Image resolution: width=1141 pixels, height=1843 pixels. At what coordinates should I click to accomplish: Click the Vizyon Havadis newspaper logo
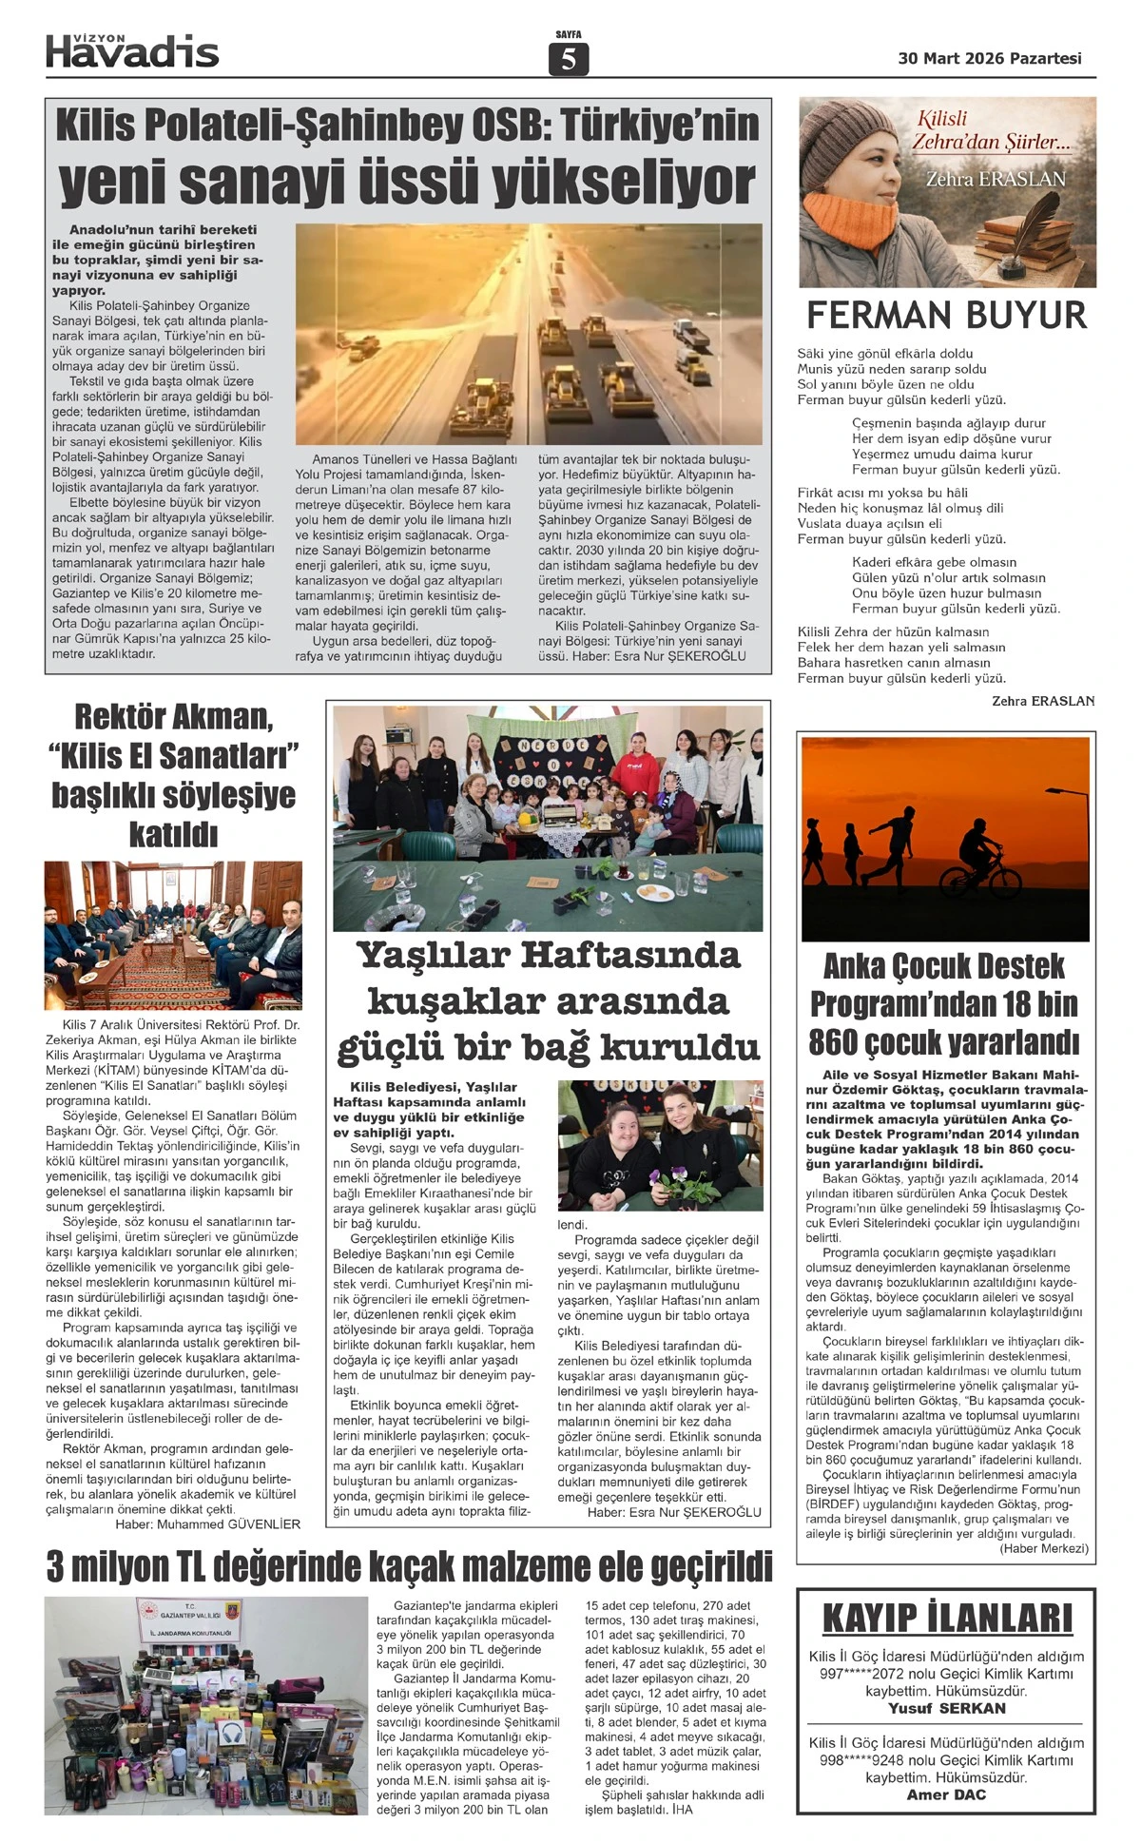132,49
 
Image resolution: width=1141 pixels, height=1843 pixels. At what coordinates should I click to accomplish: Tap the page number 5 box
569,60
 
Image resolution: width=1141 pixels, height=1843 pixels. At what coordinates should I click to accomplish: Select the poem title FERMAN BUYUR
946,315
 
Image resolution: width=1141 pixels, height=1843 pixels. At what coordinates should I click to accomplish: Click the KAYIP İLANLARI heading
946,1618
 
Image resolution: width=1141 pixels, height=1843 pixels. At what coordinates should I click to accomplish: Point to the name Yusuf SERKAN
946,1708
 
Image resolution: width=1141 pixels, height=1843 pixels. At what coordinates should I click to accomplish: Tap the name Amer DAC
946,1794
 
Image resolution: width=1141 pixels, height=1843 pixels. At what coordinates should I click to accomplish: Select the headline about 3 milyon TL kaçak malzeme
409,1565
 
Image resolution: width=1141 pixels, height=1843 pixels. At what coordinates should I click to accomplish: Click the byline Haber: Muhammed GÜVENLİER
207,1523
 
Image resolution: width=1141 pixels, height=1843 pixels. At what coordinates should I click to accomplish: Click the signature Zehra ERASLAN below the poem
1042,701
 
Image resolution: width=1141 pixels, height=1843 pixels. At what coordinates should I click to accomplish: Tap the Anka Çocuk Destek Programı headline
944,1004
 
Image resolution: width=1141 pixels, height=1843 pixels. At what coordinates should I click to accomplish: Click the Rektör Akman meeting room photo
173,935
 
